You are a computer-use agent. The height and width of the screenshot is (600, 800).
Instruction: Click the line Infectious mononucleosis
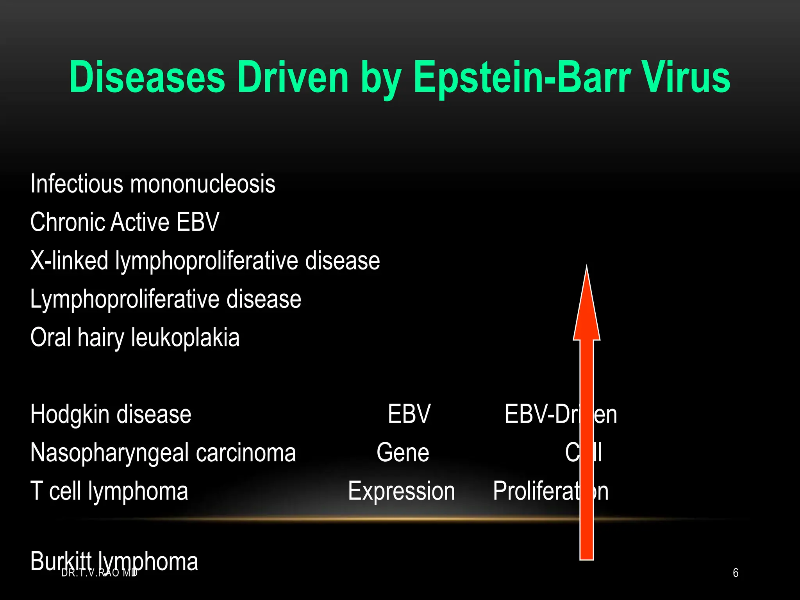[x=153, y=184]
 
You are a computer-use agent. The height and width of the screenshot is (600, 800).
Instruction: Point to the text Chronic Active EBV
[x=125, y=222]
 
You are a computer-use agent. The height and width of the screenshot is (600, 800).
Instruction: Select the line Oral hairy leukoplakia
[x=135, y=337]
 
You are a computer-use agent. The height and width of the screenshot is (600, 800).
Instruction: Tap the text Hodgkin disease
[x=111, y=414]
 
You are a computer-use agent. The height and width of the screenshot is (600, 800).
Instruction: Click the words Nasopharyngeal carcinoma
[x=163, y=452]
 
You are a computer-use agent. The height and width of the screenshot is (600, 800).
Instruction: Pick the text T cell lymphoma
[x=109, y=491]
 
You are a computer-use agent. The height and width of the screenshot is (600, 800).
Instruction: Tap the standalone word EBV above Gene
[x=409, y=414]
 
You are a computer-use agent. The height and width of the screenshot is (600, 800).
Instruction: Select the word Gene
[x=403, y=452]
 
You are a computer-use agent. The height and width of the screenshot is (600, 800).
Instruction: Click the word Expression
[x=402, y=491]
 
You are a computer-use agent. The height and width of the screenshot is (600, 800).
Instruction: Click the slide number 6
[x=736, y=573]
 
